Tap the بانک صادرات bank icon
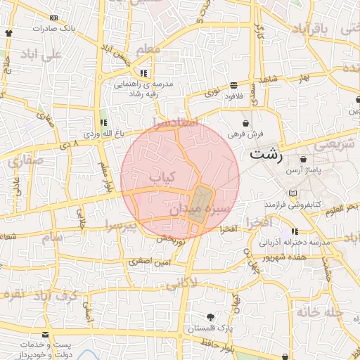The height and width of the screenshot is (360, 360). click(9, 33)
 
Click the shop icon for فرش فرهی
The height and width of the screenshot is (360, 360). click(244, 123)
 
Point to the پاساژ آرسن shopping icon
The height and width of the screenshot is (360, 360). click(302, 160)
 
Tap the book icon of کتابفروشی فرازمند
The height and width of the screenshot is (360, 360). click(292, 193)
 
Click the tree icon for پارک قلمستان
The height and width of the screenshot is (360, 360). click(211, 318)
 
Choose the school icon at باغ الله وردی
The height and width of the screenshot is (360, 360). click(103, 122)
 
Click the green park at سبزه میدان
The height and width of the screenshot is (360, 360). click(200, 205)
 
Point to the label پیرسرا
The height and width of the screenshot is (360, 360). click(120, 226)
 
